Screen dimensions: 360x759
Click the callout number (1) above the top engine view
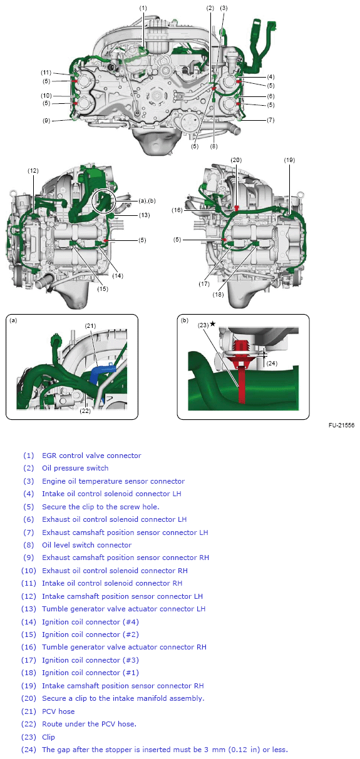click(143, 8)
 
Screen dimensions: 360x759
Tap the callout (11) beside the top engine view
click(46, 72)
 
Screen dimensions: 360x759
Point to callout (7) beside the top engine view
click(270, 120)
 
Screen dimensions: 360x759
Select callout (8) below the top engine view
click(213, 146)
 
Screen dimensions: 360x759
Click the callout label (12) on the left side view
click(33, 171)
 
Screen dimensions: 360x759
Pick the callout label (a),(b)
click(147, 201)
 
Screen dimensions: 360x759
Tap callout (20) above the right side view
click(236, 160)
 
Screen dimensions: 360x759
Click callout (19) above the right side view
click(289, 160)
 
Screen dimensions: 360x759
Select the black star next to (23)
click(212, 324)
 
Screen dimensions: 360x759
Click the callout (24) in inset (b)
click(272, 364)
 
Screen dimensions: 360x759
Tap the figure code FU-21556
click(341, 425)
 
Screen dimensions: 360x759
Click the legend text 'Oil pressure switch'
click(75, 468)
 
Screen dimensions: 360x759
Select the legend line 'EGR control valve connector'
click(91, 456)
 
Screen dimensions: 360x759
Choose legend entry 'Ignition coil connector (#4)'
click(91, 622)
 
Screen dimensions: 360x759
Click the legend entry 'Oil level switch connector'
click(87, 545)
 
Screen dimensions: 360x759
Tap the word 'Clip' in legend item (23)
click(48, 737)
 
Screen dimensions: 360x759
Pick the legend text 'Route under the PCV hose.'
click(89, 724)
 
